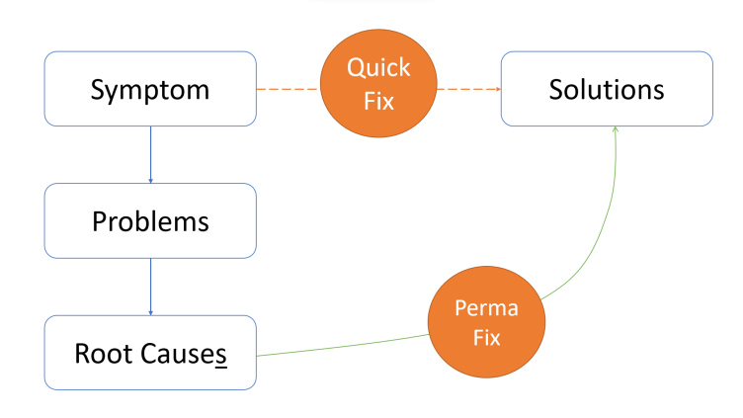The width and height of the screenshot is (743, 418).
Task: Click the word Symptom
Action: point(150,90)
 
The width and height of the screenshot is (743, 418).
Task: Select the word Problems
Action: point(150,221)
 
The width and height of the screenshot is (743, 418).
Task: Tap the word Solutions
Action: point(607,89)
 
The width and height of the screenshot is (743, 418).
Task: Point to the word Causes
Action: point(184,355)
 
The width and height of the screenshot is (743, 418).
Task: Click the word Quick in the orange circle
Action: point(378,67)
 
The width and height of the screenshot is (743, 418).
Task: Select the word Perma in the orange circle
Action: point(487,308)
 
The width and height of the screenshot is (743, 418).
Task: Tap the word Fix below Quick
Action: point(378,102)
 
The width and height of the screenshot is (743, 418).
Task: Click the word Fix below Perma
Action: point(487,338)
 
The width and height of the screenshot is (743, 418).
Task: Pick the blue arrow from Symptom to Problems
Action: point(151,154)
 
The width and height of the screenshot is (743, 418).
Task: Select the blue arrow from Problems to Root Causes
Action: point(151,287)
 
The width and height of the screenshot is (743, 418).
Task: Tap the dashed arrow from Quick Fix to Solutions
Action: point(468,89)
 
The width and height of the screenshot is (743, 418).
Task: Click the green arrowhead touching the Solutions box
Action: point(616,128)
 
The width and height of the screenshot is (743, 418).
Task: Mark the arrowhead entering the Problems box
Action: point(151,181)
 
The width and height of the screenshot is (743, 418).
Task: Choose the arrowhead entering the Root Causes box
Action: point(151,313)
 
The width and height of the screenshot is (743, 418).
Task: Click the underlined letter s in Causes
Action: point(221,356)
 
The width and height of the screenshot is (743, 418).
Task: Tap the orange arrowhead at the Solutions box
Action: point(499,89)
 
